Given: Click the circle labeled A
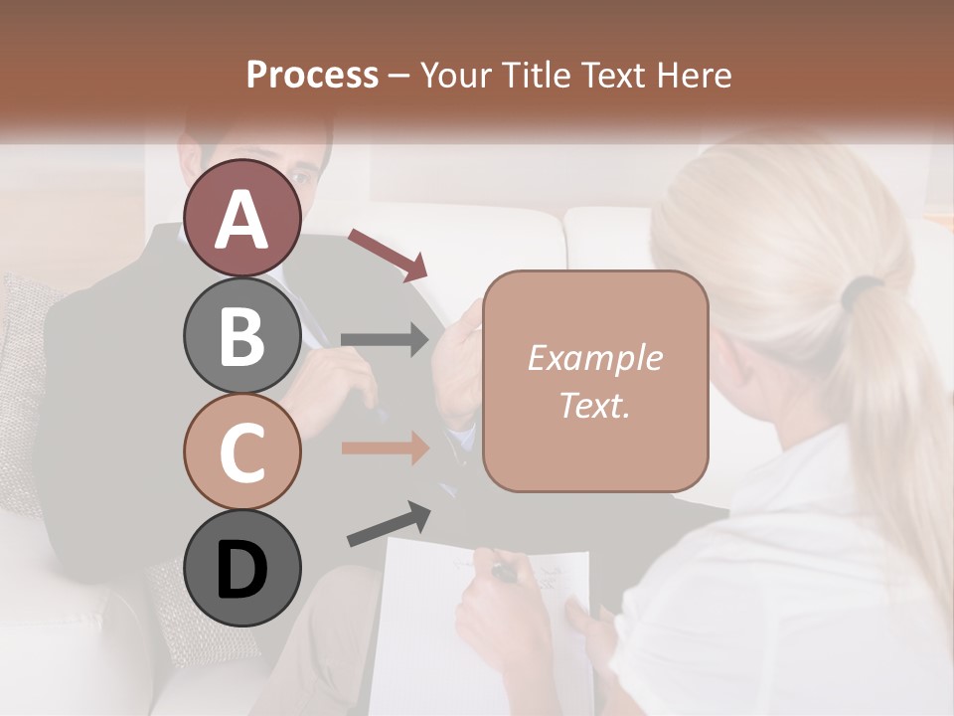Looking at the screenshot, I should click(241, 218).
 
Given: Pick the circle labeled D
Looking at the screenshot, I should click(241, 568).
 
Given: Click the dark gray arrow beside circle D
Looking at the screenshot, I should click(389, 524).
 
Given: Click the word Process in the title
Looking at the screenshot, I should click(312, 75).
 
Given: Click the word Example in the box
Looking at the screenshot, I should click(594, 358).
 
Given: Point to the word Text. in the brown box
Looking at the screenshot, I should click(594, 405).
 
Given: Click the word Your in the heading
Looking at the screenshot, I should click(455, 75).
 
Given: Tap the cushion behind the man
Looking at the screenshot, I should click(25, 378).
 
